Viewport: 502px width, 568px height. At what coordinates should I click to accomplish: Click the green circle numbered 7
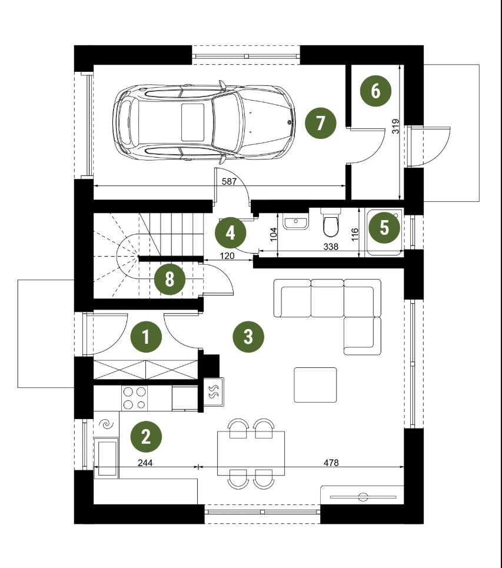tap(320, 123)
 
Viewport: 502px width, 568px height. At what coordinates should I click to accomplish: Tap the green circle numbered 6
tap(375, 91)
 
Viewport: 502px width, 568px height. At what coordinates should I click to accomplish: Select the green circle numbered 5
tap(384, 228)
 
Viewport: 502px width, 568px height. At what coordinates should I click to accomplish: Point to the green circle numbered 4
tap(230, 233)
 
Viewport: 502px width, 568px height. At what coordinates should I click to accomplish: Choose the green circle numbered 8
tap(169, 280)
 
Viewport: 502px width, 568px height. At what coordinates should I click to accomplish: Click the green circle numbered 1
tap(145, 337)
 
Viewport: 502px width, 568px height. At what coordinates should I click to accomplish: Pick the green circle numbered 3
tap(248, 337)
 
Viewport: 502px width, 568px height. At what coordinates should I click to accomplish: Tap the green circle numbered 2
tap(145, 437)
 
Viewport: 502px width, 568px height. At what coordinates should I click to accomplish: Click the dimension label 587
tap(229, 181)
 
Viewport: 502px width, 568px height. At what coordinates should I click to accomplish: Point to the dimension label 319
tap(395, 126)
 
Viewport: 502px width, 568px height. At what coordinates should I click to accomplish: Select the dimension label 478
tap(331, 463)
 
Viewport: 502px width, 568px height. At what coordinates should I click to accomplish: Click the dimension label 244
tap(145, 463)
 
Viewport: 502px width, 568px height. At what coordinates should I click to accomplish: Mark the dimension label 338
tap(331, 247)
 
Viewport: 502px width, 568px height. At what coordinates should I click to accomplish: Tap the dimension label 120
tap(227, 255)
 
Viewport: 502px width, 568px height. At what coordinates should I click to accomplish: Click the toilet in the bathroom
tap(330, 222)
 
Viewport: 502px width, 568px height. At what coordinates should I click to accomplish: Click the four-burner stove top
tap(135, 398)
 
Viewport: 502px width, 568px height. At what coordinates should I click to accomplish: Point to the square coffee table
tap(315, 385)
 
